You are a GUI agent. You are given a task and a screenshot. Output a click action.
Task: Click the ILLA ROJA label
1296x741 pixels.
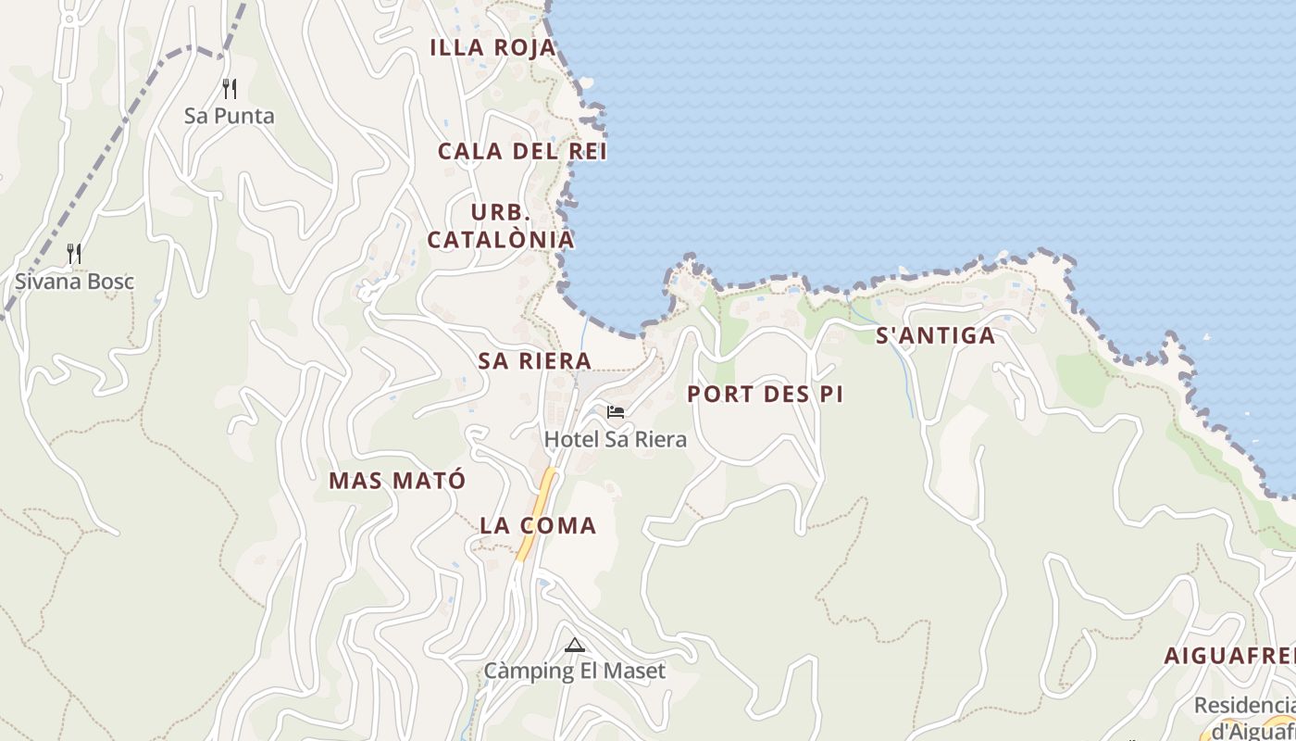pyautogui.click(x=493, y=48)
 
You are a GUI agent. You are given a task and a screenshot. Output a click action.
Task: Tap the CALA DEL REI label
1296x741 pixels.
pyautogui.click(x=522, y=151)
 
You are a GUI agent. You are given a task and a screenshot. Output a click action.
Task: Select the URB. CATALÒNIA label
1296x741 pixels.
pyautogui.click(x=501, y=226)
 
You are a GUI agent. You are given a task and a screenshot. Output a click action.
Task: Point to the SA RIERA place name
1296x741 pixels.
pyautogui.click(x=534, y=361)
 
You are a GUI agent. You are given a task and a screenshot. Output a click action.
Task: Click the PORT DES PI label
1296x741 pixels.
pyautogui.click(x=765, y=394)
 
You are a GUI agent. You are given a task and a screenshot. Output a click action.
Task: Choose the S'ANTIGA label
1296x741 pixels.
pyautogui.click(x=936, y=335)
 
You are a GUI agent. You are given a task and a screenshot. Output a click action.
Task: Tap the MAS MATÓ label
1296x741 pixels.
pyautogui.click(x=397, y=481)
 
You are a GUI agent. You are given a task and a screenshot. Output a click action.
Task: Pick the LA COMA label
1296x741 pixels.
pyautogui.click(x=538, y=525)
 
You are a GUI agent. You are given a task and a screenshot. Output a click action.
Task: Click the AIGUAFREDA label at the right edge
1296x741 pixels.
pyautogui.click(x=1229, y=656)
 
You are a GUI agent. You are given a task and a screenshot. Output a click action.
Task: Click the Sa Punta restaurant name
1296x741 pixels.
pyautogui.click(x=230, y=116)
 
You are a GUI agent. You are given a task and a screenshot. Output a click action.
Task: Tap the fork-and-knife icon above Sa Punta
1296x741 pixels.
pyautogui.click(x=230, y=89)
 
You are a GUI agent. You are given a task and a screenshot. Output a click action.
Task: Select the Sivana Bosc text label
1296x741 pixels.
pyautogui.click(x=74, y=282)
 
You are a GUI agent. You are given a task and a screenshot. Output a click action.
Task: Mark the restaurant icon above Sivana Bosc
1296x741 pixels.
pyautogui.click(x=74, y=253)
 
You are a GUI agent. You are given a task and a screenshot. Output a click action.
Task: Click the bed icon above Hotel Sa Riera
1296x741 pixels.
pyautogui.click(x=616, y=412)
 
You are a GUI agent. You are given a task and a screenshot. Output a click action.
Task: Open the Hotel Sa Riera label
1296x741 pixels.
pyautogui.click(x=616, y=439)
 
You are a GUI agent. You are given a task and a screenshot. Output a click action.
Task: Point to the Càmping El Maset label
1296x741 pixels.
pyautogui.click(x=574, y=671)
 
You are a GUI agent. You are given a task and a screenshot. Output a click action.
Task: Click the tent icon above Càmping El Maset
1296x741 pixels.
pyautogui.click(x=575, y=645)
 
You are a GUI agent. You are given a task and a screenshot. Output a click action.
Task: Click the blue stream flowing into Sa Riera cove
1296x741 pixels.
pyautogui.click(x=584, y=333)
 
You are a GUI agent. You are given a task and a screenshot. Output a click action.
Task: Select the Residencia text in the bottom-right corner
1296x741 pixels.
pyautogui.click(x=1244, y=705)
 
